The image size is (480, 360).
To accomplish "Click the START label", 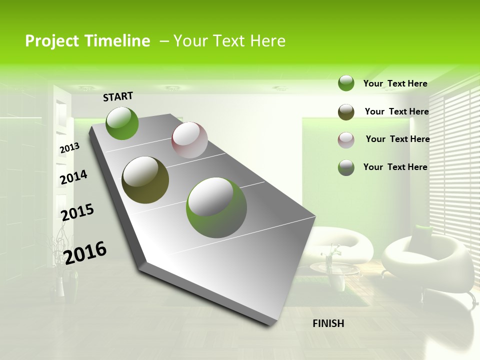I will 118,96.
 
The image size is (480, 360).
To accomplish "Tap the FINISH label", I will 328,323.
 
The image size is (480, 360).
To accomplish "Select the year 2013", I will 69,148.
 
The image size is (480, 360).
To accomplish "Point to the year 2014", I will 73,177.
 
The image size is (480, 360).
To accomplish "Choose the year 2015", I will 77,212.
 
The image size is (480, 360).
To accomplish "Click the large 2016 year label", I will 85,252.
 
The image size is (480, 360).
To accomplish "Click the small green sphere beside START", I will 122,123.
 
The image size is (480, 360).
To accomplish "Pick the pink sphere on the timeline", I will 189,140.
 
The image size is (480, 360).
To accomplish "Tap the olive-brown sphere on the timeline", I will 145,180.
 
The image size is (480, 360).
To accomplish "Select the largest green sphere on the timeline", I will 216,207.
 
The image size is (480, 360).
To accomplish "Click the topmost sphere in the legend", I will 346,83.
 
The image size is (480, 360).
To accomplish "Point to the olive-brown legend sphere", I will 346,112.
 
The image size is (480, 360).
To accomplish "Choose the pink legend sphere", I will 346,140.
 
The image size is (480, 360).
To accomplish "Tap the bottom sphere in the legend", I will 346,167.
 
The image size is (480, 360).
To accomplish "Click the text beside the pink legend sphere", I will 397,139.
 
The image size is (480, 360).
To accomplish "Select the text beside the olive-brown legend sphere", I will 396,111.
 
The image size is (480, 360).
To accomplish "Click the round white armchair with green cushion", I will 427,260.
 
